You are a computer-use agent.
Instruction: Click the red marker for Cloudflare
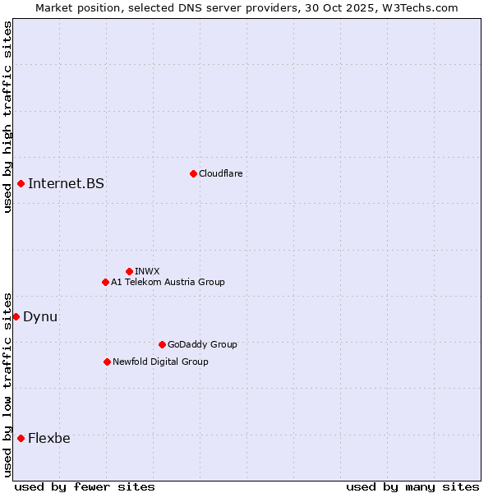pos(193,173)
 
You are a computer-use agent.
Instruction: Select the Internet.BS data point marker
pos(21,183)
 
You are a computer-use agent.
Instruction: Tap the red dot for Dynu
pos(16,316)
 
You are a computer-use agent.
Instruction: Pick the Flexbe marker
pos(21,438)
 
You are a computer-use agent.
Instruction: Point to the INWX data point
pos(129,271)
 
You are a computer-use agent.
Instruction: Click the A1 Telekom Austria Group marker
pos(105,282)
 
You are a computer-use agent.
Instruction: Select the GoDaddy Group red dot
pos(162,344)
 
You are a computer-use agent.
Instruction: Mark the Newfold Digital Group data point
pos(107,362)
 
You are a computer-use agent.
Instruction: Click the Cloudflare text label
pos(220,173)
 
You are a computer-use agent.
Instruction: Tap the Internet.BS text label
pos(66,183)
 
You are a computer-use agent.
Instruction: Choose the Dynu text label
pos(40,316)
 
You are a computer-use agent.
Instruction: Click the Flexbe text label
pos(49,438)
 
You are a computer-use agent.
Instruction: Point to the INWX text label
pos(147,271)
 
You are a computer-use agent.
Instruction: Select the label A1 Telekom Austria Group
pos(168,282)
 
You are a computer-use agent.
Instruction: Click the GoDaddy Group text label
pos(202,344)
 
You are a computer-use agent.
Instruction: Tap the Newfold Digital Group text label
pos(160,362)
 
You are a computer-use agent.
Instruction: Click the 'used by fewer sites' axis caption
pos(85,486)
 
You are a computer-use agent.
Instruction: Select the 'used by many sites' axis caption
pos(412,486)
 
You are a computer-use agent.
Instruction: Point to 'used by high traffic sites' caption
pos(7,117)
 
